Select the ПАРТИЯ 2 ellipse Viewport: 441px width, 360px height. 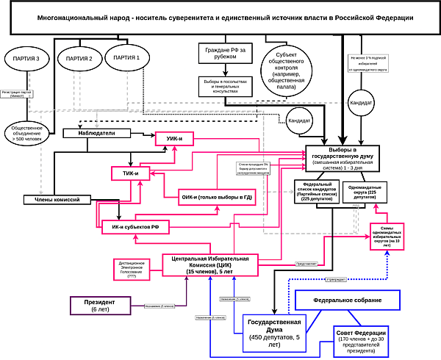79,58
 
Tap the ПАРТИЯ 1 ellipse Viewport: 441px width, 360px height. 128,57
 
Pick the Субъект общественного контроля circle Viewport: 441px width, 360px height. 285,70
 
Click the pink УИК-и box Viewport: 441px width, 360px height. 174,139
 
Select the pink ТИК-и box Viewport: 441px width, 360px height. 131,173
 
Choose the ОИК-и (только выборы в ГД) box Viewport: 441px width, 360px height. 218,198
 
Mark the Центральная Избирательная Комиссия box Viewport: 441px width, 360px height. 210,264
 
